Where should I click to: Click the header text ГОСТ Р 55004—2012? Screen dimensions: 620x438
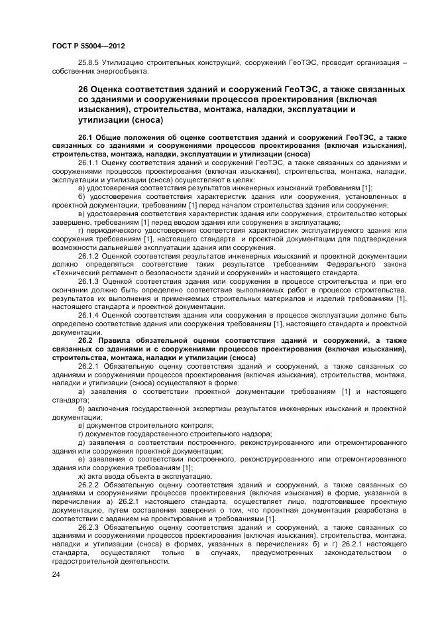click(88, 46)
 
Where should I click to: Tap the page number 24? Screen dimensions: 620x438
click(56, 574)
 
